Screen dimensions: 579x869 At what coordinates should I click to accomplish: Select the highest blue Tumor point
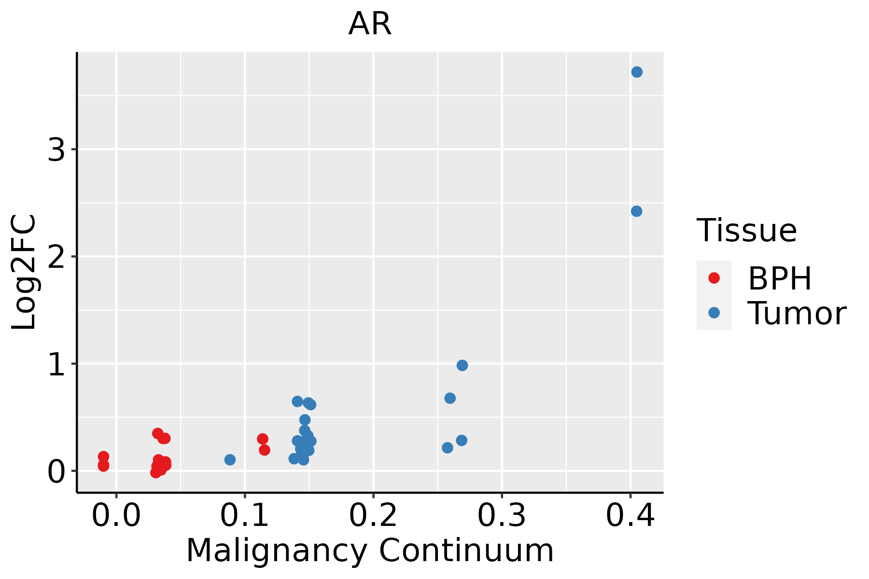click(637, 72)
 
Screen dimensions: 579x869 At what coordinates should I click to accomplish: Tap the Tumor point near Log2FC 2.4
click(636, 211)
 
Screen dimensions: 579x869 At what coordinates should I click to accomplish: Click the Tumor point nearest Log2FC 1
click(462, 365)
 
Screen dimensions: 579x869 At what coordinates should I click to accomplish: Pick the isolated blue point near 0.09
click(230, 459)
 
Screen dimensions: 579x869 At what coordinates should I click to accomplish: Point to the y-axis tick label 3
click(56, 151)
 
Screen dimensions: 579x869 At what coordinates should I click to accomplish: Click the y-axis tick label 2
click(56, 257)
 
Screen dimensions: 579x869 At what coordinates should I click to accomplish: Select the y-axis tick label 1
click(56, 364)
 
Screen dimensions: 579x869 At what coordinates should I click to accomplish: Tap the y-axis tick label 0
click(56, 471)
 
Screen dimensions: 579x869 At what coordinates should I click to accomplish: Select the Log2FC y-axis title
click(24, 273)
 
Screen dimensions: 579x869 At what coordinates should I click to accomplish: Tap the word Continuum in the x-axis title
click(466, 551)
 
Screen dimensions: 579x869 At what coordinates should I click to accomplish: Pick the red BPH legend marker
click(714, 278)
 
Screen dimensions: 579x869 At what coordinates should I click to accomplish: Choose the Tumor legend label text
click(797, 314)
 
